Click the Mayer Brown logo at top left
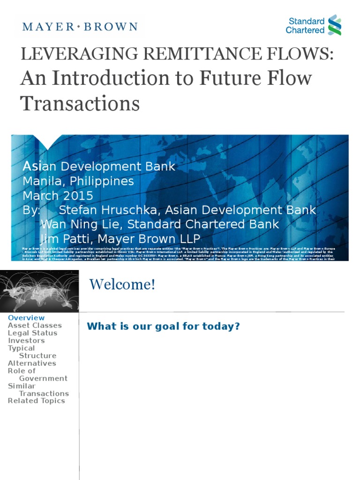(80, 26)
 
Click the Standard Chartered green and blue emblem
(335, 25)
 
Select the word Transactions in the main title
(80, 103)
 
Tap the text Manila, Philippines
(78, 181)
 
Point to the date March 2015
(58, 195)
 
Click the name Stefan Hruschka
(101, 210)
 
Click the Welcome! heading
(122, 284)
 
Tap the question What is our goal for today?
(163, 326)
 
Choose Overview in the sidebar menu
(26, 318)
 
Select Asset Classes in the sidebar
(35, 325)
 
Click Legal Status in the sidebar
(32, 333)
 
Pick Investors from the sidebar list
(26, 340)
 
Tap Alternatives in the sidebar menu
(32, 363)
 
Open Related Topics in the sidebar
(37, 401)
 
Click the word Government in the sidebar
(43, 378)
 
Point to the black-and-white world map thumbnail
(39, 291)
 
